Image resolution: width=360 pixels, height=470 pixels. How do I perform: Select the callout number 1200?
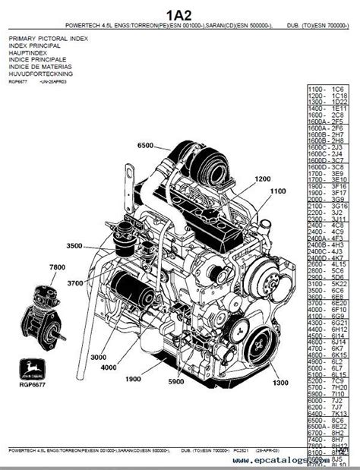[x=262, y=179]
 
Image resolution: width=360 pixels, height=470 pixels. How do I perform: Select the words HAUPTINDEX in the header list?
[x=27, y=52]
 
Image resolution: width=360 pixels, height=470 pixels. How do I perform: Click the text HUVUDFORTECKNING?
[x=41, y=74]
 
